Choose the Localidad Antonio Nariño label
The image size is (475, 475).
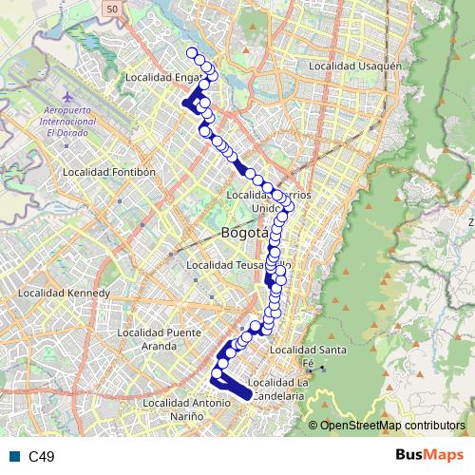(x=187, y=408)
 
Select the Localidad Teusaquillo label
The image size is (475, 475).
(x=237, y=265)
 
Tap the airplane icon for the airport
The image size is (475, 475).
(x=66, y=98)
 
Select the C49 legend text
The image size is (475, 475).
(x=42, y=457)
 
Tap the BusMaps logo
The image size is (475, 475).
(x=430, y=455)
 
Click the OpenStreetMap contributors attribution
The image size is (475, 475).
(x=392, y=426)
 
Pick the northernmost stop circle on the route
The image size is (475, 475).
(x=192, y=53)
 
